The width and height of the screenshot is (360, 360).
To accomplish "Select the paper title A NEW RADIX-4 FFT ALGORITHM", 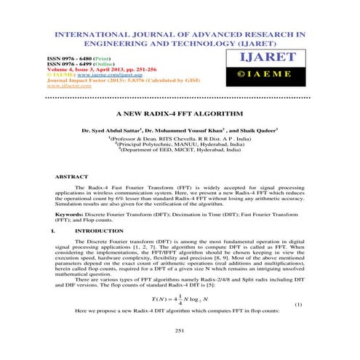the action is [x=180, y=115].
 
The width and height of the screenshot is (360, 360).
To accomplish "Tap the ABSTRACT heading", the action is [x=72, y=177].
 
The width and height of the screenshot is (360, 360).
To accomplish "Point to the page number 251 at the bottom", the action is [x=180, y=330].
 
